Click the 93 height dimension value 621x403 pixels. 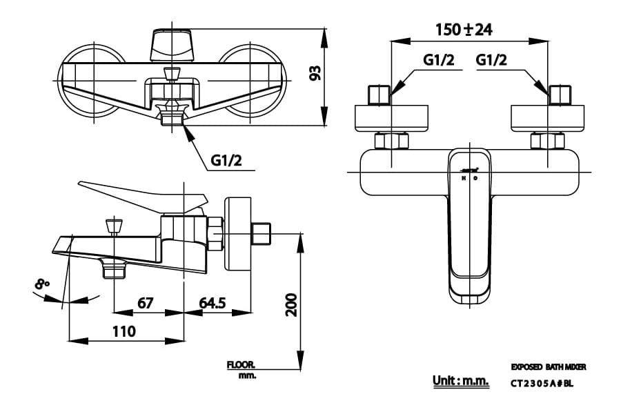(x=315, y=73)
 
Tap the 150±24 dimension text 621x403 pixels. (x=464, y=30)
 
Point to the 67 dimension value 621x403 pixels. (x=145, y=303)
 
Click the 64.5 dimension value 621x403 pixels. (x=213, y=303)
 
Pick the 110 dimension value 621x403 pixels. (x=124, y=331)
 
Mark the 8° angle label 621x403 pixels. (x=43, y=282)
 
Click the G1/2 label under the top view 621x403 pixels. (x=227, y=161)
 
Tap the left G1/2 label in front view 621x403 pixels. (x=439, y=61)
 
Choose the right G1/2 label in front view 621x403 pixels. (x=491, y=61)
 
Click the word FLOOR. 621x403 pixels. (x=241, y=364)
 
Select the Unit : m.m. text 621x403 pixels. (x=460, y=380)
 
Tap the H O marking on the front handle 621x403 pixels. (x=469, y=178)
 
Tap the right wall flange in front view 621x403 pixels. (x=547, y=117)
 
